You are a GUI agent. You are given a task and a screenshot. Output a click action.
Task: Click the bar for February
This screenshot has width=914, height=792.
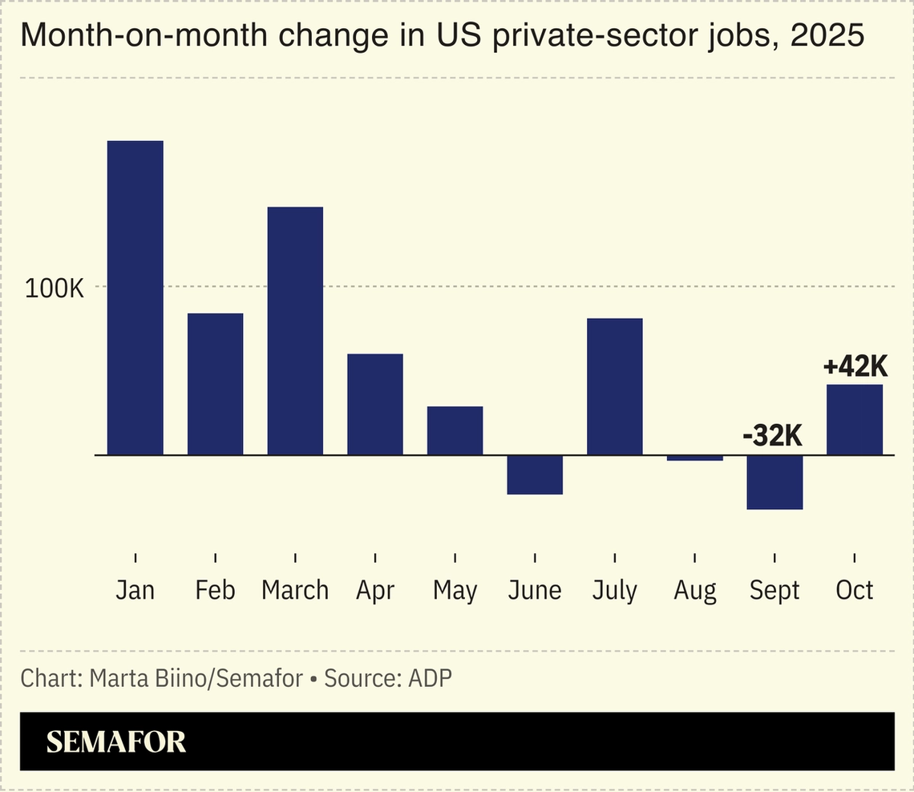(215, 384)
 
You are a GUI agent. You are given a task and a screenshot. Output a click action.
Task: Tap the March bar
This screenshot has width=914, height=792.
(295, 331)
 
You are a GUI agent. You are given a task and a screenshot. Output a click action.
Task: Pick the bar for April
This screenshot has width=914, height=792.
(375, 405)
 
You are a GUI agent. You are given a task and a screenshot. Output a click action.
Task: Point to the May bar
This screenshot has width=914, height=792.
(455, 431)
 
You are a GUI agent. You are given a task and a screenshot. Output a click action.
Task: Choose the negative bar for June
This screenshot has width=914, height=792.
(535, 475)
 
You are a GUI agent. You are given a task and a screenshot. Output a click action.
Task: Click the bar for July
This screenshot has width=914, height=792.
(615, 387)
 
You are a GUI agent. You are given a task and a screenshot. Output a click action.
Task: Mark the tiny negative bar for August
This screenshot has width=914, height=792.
(695, 458)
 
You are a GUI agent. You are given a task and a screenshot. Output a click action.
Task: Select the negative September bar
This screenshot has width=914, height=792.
(774, 482)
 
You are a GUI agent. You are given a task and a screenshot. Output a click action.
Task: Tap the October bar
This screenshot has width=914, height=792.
(855, 420)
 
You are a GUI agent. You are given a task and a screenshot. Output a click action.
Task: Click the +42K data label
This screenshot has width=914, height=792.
(855, 367)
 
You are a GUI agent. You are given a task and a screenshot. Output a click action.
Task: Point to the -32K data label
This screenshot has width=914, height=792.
(772, 436)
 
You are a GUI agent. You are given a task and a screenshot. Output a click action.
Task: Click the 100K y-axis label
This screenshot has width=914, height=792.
(55, 289)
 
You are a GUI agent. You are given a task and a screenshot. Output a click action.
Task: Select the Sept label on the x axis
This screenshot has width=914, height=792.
(774, 591)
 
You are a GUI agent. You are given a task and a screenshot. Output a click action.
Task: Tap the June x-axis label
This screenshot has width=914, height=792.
(535, 591)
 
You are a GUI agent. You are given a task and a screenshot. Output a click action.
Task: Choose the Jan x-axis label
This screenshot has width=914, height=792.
(135, 591)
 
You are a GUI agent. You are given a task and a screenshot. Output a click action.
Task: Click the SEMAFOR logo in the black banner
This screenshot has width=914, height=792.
(116, 741)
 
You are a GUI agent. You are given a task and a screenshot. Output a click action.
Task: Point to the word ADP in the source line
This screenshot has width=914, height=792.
(431, 678)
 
